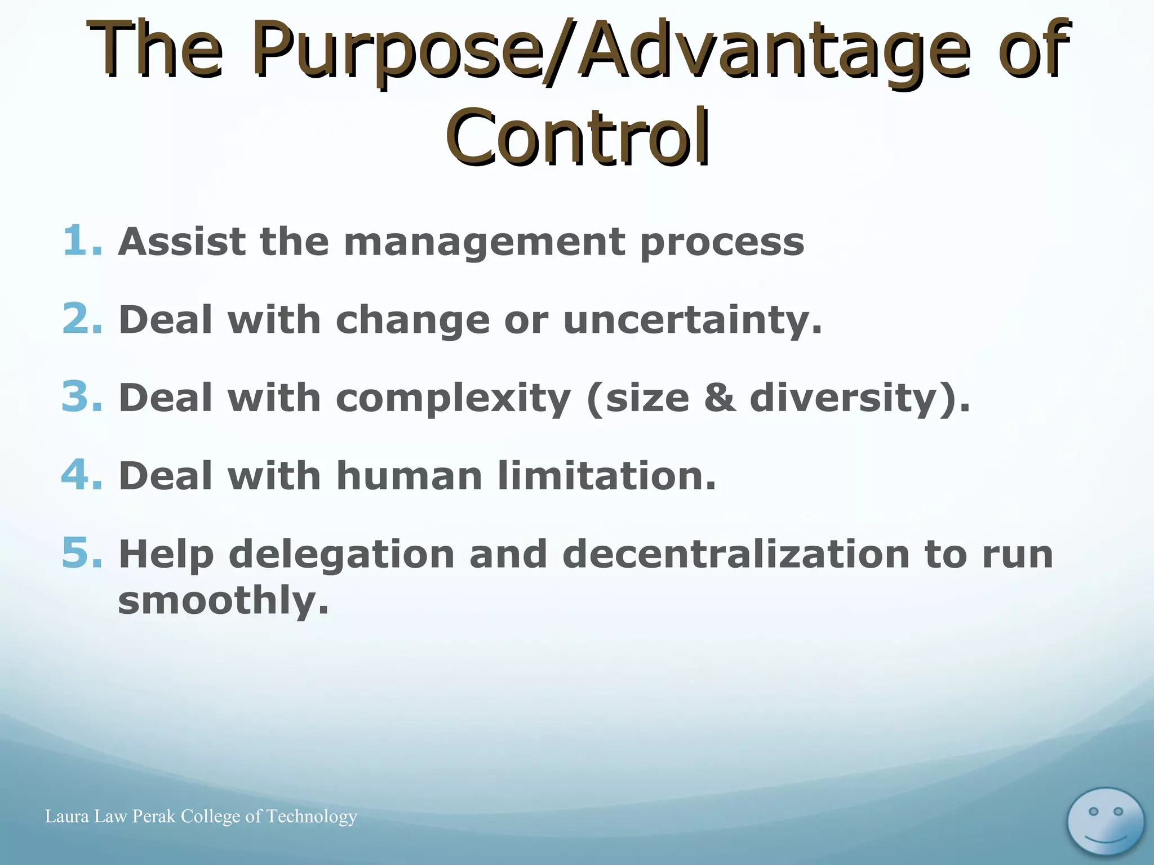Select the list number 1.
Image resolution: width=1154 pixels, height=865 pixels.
[81, 241]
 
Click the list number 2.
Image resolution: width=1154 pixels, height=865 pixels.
[82, 319]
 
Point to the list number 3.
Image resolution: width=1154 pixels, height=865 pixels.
[82, 397]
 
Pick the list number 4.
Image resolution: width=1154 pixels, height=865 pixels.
[82, 475]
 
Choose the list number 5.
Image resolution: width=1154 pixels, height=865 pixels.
[82, 553]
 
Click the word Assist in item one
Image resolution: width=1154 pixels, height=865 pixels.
[181, 241]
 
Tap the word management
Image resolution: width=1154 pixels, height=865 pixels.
[484, 242]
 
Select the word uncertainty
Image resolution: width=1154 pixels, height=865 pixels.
[692, 320]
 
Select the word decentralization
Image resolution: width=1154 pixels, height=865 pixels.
[736, 554]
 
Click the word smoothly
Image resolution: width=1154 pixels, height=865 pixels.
[223, 600]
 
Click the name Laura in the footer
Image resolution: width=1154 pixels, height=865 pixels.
[67, 816]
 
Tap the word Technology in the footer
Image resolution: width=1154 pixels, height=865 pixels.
[312, 817]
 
